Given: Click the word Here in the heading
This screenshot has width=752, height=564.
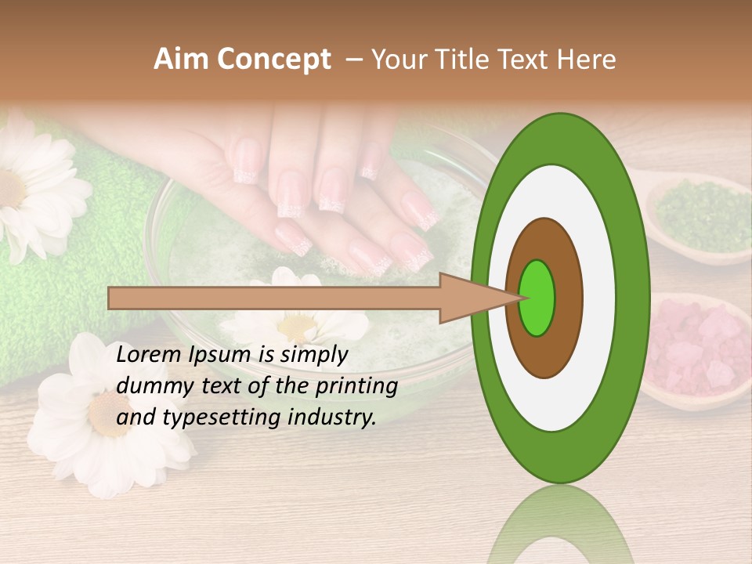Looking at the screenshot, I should coord(587,60).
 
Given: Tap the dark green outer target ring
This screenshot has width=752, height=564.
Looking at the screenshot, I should coord(631,298).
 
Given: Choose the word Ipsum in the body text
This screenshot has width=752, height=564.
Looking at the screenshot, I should coord(216,356).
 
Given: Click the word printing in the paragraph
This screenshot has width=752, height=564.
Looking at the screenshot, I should coord(360,387).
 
